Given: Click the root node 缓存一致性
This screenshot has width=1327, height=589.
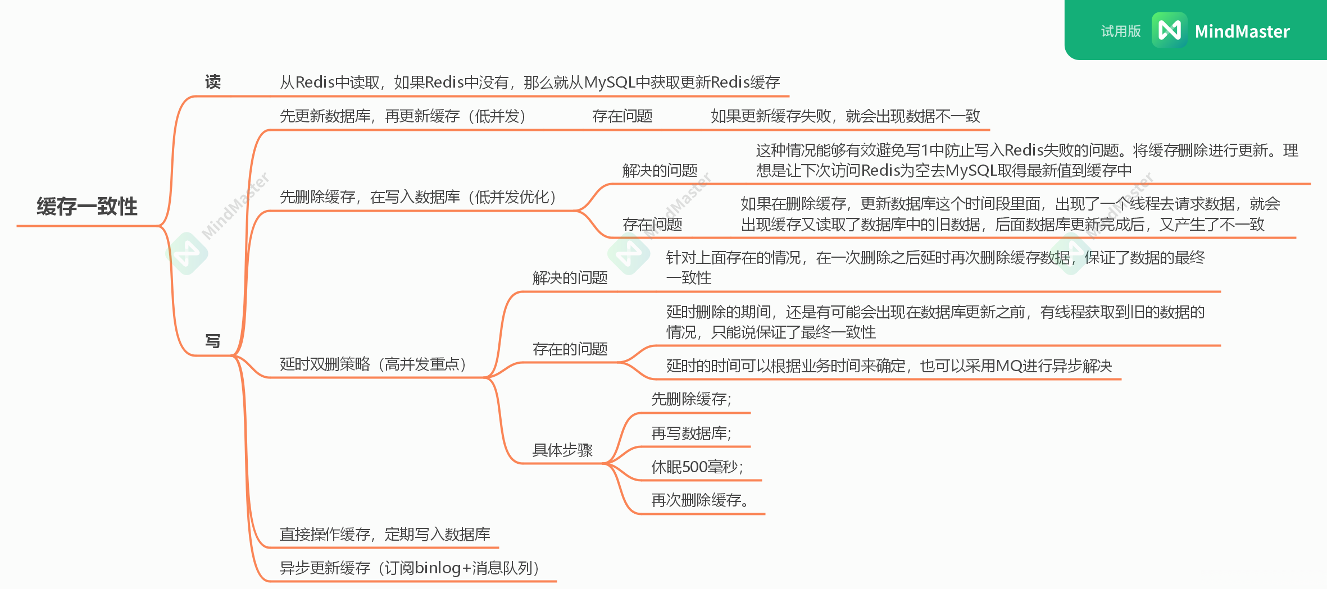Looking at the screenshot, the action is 87,207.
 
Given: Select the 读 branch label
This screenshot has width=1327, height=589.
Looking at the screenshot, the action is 212,83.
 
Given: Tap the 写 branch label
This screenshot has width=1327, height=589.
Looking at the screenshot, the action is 212,341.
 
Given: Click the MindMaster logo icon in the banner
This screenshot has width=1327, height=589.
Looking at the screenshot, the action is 1169,30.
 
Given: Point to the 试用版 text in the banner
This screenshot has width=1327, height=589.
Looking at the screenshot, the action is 1120,31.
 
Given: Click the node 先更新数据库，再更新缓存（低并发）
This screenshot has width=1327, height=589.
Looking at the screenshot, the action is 403,116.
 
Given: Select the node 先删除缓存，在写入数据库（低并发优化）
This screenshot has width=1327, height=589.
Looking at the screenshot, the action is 419,197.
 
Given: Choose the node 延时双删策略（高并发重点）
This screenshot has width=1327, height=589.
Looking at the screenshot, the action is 374,364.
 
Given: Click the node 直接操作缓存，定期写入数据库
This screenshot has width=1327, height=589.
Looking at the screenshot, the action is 385,534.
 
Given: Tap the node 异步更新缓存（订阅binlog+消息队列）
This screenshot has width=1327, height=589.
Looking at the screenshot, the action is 410,568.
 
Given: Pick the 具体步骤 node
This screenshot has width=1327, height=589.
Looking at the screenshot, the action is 562,450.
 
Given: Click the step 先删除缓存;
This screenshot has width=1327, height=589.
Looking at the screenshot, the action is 691,399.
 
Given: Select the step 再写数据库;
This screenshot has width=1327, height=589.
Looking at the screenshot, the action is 691,433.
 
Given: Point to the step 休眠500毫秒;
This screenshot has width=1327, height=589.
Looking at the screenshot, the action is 697,467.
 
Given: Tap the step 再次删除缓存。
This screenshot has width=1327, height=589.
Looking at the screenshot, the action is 700,500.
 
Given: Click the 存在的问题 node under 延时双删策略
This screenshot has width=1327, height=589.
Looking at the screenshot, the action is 570,349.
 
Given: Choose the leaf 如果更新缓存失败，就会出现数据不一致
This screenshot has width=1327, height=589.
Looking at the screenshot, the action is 845,116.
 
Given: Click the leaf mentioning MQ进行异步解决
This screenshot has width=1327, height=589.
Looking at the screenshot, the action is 889,366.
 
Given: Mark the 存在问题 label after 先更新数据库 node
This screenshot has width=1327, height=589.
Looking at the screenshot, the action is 622,116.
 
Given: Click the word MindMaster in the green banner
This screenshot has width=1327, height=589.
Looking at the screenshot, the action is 1242,31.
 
